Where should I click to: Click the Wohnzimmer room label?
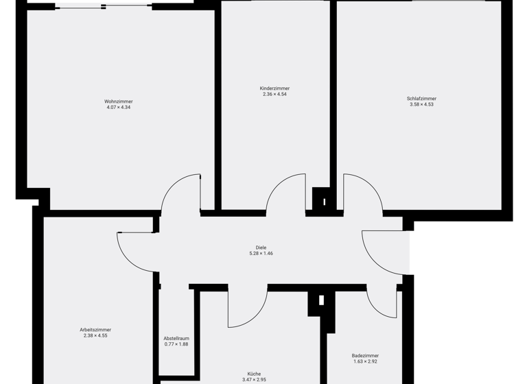119,101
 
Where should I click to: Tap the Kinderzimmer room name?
274,88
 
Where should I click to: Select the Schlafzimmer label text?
421,99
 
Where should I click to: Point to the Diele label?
261,248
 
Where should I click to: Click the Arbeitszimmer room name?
95,330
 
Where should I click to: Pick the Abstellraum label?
176,339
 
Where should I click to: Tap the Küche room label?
254,374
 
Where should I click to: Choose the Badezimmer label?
365,356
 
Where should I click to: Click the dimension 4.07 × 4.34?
119,108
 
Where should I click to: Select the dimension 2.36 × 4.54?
274,95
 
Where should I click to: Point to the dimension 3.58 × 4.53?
421,105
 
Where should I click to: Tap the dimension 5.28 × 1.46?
261,254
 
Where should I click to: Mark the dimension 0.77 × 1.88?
176,345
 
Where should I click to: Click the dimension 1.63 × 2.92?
365,361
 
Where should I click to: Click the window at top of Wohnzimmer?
103,7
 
